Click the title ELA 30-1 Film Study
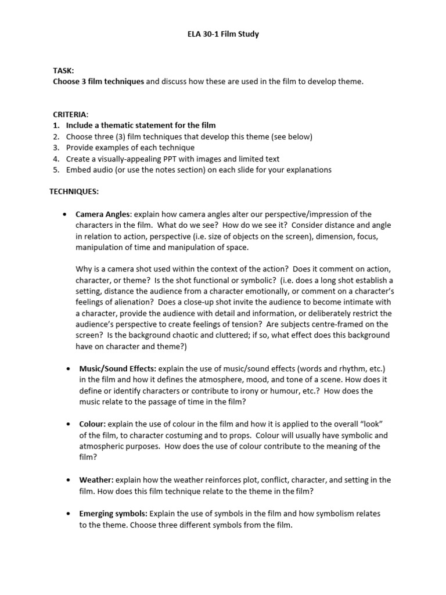(222, 34)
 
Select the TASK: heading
(63, 70)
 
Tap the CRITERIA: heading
(70, 114)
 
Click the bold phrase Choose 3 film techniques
(98, 81)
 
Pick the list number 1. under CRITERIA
(56, 126)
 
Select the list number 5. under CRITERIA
(56, 170)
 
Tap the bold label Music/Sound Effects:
(118, 368)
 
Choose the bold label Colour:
(92, 424)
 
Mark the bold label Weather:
(96, 479)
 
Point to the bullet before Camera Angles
(66, 214)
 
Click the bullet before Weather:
(69, 479)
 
